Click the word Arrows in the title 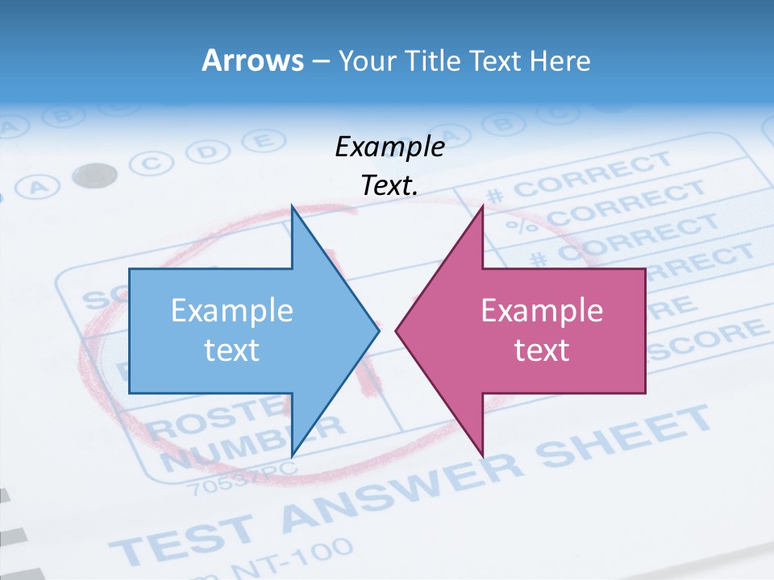[x=252, y=60]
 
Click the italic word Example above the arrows [x=389, y=147]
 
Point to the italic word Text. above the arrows [x=389, y=185]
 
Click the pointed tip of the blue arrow [x=377, y=329]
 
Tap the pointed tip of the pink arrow [x=397, y=329]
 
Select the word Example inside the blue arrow [x=232, y=311]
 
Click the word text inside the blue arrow [x=232, y=350]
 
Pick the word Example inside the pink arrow [x=542, y=311]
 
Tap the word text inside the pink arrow [x=542, y=350]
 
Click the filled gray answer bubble [x=94, y=175]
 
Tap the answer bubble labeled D [x=208, y=151]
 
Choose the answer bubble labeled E [x=259, y=141]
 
